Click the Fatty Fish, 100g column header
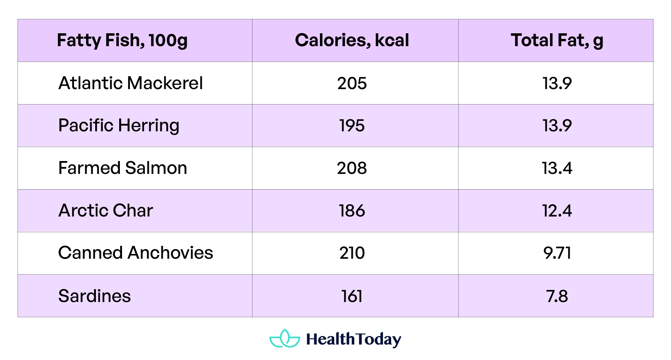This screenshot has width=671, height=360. click(122, 40)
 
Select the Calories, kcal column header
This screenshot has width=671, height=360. click(352, 40)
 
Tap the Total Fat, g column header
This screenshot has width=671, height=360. click(557, 40)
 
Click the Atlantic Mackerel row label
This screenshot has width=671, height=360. click(131, 83)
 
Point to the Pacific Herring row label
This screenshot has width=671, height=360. click(119, 126)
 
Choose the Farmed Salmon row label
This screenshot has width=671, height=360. click(123, 168)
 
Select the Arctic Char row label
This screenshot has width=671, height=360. click(106, 210)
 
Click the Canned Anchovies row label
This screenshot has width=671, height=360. click(136, 253)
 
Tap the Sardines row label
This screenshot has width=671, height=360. click(94, 296)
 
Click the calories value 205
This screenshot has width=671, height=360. click(352, 83)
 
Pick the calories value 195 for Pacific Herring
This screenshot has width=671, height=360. click(352, 126)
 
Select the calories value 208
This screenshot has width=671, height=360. click(352, 168)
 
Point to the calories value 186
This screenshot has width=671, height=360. click(352, 211)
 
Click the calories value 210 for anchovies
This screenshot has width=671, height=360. click(352, 253)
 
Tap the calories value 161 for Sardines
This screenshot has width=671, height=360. click(352, 296)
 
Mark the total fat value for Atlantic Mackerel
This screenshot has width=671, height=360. click(557, 83)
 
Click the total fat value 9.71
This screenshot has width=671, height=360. click(557, 253)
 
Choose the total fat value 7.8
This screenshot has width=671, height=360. click(557, 296)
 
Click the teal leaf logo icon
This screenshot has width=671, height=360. click(285, 339)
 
